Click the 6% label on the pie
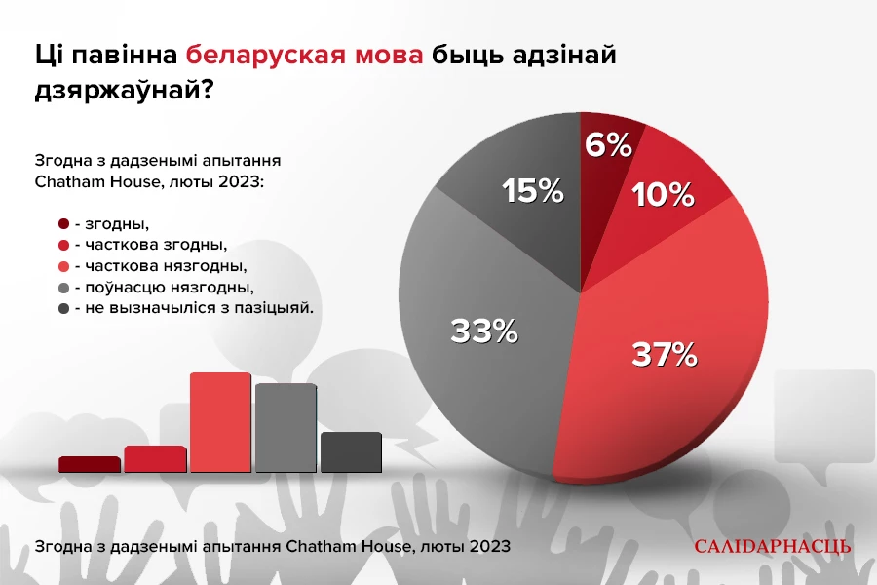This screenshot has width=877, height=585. pos(608,145)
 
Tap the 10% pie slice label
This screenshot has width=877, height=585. pos(663,195)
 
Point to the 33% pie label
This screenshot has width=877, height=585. pos(483,331)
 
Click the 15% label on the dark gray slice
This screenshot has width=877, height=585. pos(532,191)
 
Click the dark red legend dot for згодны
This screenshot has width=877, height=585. pos(64,225)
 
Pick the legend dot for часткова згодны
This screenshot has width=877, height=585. pos(64,246)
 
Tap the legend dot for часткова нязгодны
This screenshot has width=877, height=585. pos(64,266)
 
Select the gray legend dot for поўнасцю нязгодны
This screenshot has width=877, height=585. pos(64,288)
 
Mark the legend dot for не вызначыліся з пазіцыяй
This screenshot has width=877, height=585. pos(64,308)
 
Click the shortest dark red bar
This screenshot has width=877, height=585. pos(89,465)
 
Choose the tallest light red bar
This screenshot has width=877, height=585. pos(220,423)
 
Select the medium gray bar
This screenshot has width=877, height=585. pos(286,428)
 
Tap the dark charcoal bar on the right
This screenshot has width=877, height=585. pos(351,452)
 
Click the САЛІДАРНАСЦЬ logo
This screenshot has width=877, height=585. pos(772,546)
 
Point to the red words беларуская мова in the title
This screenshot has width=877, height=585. pos(305,56)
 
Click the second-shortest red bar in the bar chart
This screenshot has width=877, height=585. pos(154,459)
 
